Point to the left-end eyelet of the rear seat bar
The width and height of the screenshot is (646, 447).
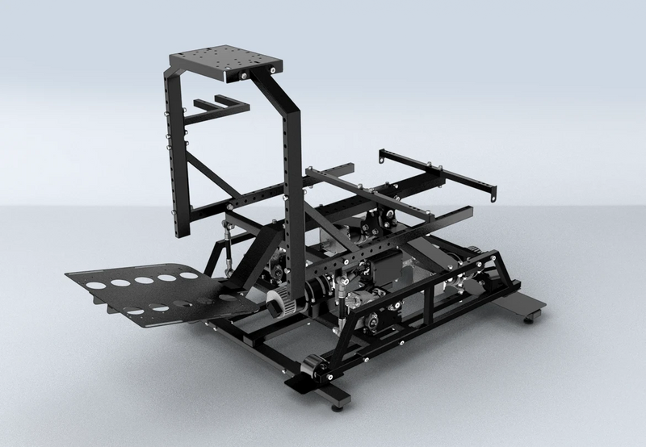click(x=380, y=152)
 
